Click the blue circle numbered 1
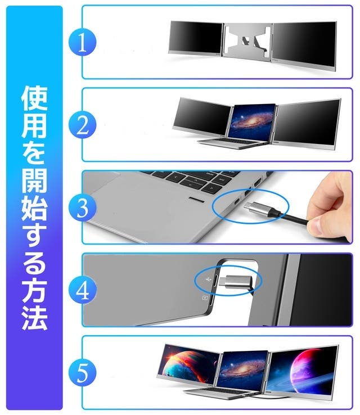82,42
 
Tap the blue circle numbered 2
82,125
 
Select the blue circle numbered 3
82,207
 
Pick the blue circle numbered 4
82,290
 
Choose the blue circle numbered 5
82,373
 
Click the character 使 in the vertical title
34,98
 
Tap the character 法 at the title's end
34,318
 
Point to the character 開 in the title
34,181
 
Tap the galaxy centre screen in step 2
251,121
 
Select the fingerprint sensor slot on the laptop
196,200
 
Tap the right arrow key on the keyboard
211,188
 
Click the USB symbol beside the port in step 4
208,279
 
